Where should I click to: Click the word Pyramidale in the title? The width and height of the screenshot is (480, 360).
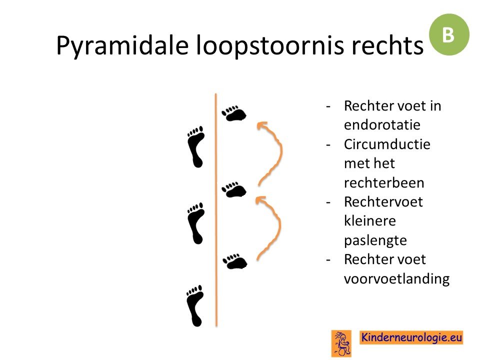pos(122,46)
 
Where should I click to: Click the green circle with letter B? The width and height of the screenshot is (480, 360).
pos(449,34)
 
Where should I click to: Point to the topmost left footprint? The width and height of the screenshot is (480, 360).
pos(195,146)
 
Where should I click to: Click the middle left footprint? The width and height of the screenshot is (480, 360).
pos(195,223)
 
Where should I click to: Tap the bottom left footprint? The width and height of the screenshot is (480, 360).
pos(194,306)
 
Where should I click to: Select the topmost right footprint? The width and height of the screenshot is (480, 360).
pos(234,114)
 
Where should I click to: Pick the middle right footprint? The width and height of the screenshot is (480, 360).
pos(234,190)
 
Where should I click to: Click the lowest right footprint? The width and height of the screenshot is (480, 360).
pos(235,261)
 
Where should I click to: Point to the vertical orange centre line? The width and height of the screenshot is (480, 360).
pos(216,210)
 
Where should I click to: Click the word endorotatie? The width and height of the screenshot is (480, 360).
pos(382,124)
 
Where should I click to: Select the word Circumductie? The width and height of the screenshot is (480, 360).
pos(387,144)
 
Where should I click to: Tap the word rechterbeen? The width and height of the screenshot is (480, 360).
pos(384,183)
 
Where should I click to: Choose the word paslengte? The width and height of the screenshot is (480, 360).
pos(375,240)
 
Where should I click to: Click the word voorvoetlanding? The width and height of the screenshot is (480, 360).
pos(396,278)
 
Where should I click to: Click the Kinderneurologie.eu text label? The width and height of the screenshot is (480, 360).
pos(411,337)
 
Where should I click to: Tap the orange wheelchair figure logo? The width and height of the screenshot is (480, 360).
pos(341,343)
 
